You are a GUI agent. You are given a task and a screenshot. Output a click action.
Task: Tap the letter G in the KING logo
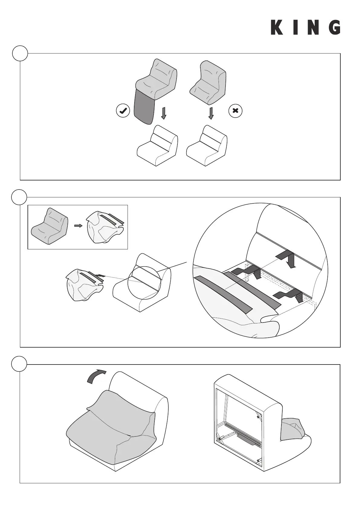click(334, 28)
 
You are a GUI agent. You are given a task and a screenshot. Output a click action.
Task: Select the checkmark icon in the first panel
click(123, 111)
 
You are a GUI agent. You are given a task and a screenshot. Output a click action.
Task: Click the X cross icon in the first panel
click(235, 111)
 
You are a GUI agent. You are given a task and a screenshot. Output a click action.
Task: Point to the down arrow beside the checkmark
click(164, 113)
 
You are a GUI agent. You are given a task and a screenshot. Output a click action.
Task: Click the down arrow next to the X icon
click(211, 113)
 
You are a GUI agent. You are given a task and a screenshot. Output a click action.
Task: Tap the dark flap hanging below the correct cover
click(144, 108)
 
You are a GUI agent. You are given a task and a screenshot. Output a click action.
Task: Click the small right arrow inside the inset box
click(78, 226)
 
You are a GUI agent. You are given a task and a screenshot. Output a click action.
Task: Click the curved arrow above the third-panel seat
click(96, 376)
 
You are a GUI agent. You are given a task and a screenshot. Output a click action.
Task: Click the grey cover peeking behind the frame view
click(291, 429)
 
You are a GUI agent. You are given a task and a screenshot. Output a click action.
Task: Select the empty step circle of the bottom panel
click(19, 365)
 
